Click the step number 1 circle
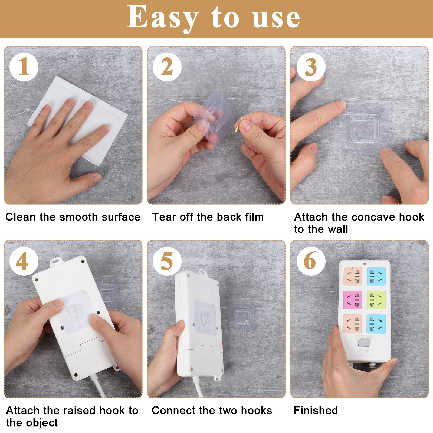tap(24, 67)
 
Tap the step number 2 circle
tap(167, 67)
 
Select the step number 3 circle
tap(311, 67)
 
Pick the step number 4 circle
tap(24, 261)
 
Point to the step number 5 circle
tap(167, 261)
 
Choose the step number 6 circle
tap(311, 261)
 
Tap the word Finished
tap(316, 411)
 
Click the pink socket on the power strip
tap(353, 300)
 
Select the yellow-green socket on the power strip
tap(376, 300)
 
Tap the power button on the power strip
tap(364, 343)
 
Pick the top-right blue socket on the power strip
tap(376, 276)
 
